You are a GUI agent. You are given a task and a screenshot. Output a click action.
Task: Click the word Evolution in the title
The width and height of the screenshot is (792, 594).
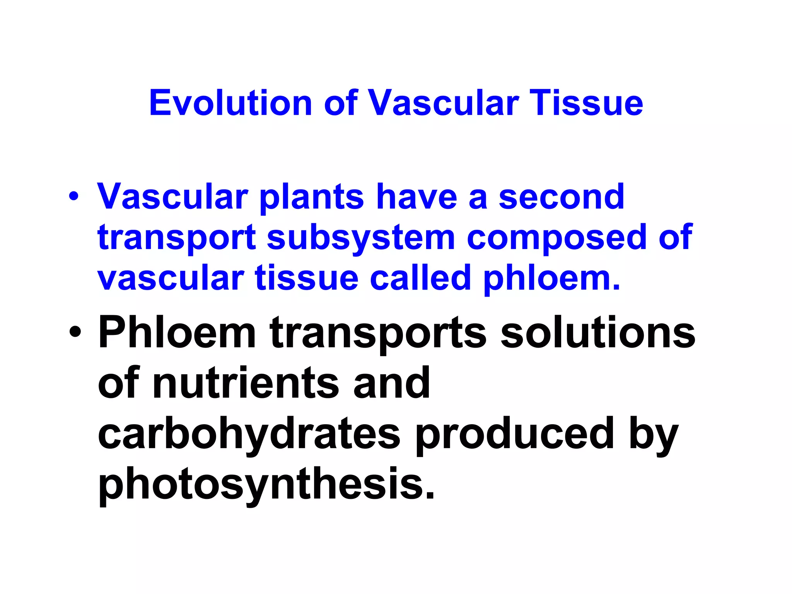click(x=230, y=103)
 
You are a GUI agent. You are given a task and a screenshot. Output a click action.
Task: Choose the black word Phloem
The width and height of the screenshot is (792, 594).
click(x=177, y=333)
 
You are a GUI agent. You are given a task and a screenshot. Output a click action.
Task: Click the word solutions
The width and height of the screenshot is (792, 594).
click(x=598, y=333)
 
